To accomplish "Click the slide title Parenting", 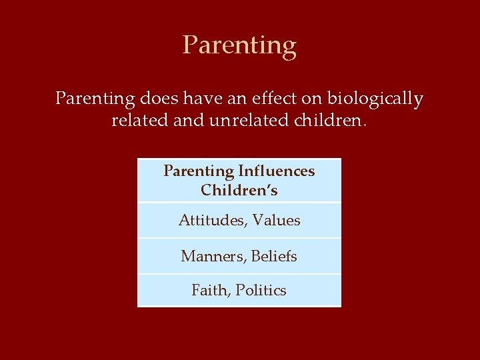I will tap(239, 46).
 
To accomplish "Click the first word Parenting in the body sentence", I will tap(95, 100).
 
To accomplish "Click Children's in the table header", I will tap(239, 191).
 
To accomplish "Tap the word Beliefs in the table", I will tap(274, 256).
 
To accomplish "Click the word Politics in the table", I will tap(261, 291).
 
